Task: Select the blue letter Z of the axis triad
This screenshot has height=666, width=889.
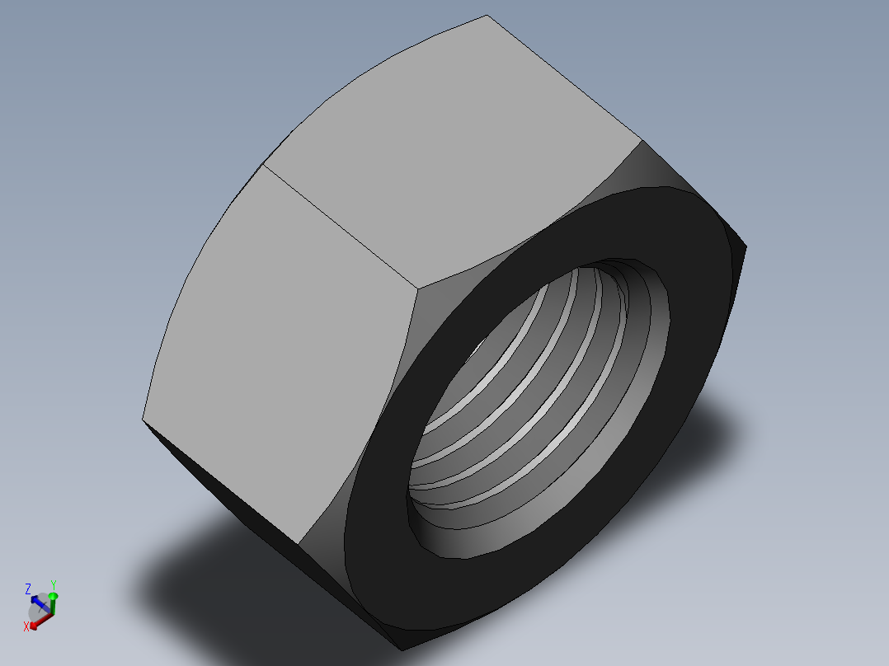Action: pyautogui.click(x=28, y=589)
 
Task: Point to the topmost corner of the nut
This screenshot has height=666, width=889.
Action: pyautogui.click(x=487, y=15)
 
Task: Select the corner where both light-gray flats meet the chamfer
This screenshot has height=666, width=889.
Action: pyautogui.click(x=416, y=288)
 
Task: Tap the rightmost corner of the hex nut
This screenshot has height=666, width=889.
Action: pyautogui.click(x=746, y=245)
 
